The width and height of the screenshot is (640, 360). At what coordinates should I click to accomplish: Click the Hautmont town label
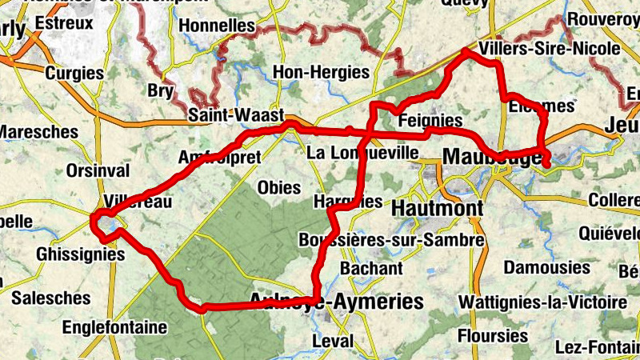click(438, 209)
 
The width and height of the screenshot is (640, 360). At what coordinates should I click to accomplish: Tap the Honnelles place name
click(217, 26)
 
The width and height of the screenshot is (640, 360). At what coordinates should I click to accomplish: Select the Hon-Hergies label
click(321, 72)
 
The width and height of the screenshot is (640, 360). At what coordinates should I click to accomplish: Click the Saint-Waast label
click(236, 115)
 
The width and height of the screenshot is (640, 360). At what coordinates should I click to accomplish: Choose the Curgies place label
click(74, 73)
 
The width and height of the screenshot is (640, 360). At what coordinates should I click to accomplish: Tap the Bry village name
click(160, 91)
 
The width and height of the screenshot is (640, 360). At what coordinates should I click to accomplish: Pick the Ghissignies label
click(81, 254)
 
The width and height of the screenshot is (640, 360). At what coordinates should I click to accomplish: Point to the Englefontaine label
click(114, 327)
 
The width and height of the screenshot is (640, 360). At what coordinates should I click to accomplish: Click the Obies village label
click(279, 188)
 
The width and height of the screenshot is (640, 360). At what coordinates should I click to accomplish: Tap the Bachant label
click(371, 268)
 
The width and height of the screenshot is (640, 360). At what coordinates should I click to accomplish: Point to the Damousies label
click(546, 267)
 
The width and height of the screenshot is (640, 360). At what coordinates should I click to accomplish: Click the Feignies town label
click(430, 121)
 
